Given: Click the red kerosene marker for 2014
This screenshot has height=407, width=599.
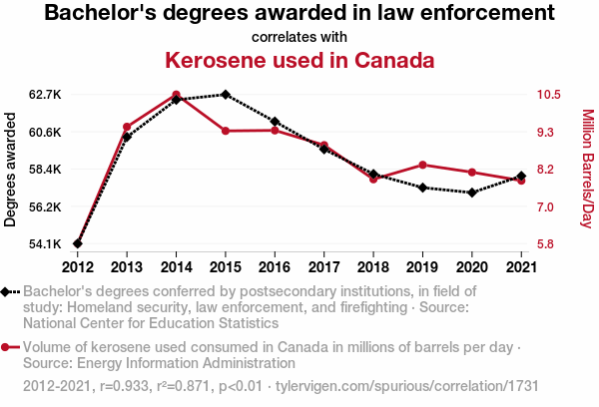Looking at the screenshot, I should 176,95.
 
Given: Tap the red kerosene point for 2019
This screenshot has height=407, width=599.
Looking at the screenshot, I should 422,165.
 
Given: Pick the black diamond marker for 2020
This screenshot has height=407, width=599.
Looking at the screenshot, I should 471,193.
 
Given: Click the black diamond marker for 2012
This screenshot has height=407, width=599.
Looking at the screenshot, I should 78,243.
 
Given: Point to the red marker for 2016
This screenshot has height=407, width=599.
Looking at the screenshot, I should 275,131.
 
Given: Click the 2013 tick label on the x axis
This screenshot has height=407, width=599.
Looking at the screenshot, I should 127,266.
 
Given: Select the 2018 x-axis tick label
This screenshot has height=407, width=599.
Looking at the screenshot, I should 373,266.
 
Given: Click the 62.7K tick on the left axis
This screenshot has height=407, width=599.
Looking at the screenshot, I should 45,95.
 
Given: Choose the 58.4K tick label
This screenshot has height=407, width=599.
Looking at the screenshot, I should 45,170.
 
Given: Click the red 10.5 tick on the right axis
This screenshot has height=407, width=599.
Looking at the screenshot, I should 546,95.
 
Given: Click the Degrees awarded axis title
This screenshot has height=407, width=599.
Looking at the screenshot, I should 11,170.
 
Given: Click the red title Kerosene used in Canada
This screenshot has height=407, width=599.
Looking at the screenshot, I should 299,61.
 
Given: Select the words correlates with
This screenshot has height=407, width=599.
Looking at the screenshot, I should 299,37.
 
